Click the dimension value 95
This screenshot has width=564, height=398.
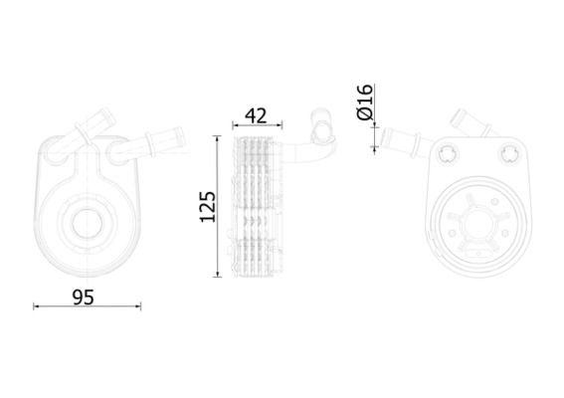[84, 298]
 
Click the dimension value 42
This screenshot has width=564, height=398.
[256, 115]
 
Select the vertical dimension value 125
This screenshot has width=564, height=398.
[208, 207]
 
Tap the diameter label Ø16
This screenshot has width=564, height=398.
[365, 101]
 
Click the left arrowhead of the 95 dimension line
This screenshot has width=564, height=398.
[36, 306]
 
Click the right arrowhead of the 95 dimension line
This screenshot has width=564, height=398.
[138, 306]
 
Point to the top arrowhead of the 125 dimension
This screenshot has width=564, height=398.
[217, 138]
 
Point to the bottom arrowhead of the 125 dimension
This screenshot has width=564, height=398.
[217, 275]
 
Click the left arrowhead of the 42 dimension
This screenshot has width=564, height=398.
[235, 125]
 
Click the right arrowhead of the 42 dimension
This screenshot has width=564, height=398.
[280, 125]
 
